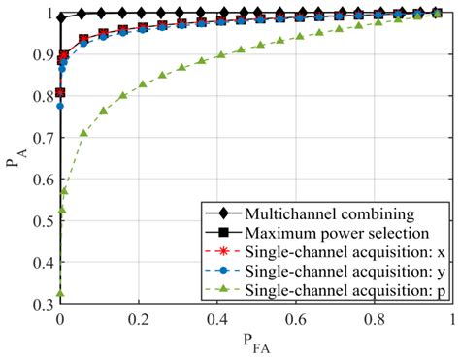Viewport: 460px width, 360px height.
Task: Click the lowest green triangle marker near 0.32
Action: pos(61,294)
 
